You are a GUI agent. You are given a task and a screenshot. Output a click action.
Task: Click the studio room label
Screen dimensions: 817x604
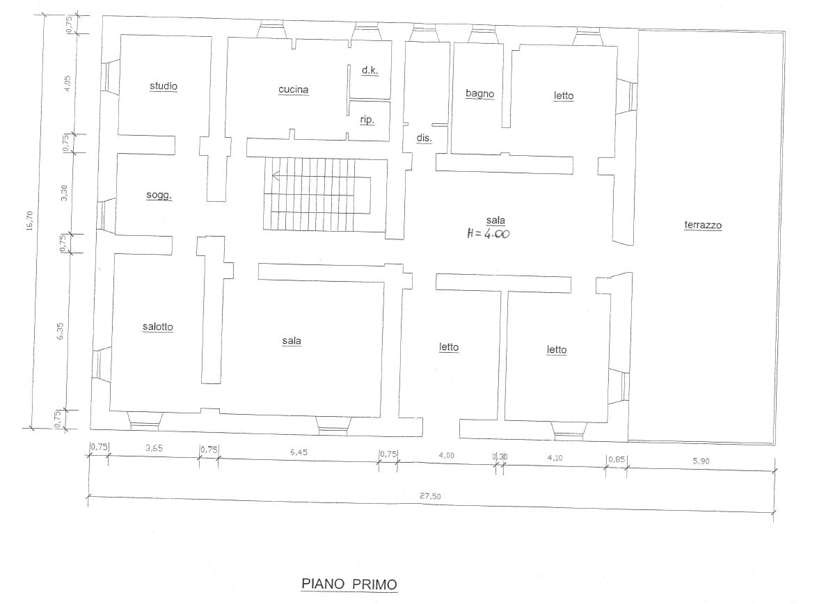coord(164,86)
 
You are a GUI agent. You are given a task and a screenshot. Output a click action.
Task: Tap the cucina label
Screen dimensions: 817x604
coord(294,90)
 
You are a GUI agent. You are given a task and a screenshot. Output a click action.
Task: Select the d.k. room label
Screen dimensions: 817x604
coord(370,70)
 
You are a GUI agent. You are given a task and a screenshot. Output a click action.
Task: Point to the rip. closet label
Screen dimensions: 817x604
coord(367,120)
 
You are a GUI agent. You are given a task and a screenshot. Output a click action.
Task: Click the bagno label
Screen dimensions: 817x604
coord(480,94)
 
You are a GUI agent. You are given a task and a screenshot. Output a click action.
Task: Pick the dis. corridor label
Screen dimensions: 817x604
coord(424,138)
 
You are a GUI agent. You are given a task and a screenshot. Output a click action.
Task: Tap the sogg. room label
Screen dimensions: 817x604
coord(159,196)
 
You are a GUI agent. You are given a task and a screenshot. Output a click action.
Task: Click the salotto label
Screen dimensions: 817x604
coord(157,327)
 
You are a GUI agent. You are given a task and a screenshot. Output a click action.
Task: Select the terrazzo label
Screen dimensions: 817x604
coord(703,225)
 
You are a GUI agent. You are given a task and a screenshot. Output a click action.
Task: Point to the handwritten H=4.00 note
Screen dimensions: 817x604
coord(489,234)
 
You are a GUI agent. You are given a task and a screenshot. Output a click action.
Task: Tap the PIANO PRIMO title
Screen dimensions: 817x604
coord(349,585)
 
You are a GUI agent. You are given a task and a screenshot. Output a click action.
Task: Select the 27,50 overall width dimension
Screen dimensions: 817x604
coord(430,496)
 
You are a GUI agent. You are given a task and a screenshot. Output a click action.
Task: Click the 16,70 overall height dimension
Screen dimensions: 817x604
coord(29,221)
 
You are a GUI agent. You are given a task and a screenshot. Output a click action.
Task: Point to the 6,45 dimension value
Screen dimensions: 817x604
coord(299,452)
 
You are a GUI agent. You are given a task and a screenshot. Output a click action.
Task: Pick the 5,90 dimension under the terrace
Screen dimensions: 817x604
coord(701,461)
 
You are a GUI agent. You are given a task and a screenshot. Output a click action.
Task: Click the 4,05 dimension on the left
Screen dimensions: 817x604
coord(66,84)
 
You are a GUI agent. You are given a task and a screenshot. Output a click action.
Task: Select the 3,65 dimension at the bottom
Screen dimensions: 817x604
coord(154,447)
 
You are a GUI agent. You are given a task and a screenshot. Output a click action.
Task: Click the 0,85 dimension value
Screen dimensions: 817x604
coord(617,460)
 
